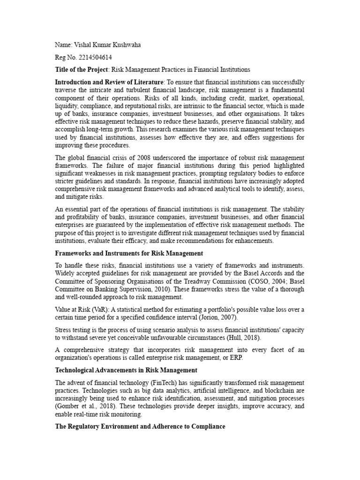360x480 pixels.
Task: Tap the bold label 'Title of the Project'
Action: (x=82, y=70)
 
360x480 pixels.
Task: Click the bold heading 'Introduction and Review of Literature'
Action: (x=109, y=82)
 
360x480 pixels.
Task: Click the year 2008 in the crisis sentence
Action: (x=142, y=157)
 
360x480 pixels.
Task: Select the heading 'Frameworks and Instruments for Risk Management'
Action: (x=129, y=254)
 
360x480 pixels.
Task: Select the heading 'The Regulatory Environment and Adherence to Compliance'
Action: (x=140, y=427)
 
